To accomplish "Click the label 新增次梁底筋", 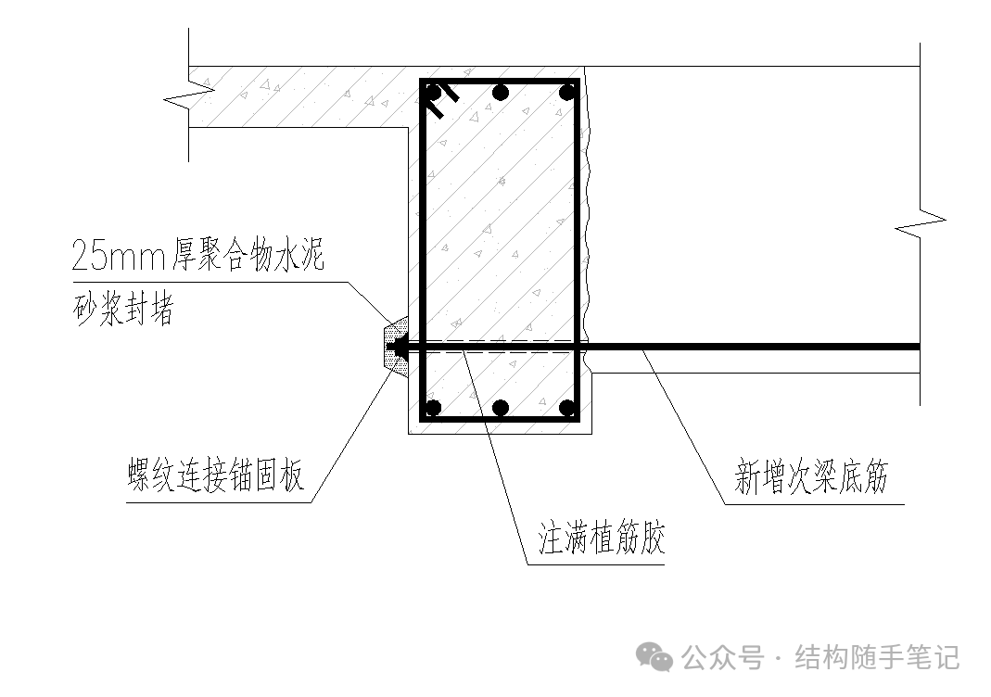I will pos(811,479).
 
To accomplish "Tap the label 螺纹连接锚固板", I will pos(216,479).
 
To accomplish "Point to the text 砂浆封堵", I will pos(122,311).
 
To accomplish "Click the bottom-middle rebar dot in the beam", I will pos(501,407).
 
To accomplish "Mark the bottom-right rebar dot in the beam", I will pos(566,407).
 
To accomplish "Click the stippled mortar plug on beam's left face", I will pos(395,346).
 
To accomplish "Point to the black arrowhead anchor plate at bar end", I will pos(400,348).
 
